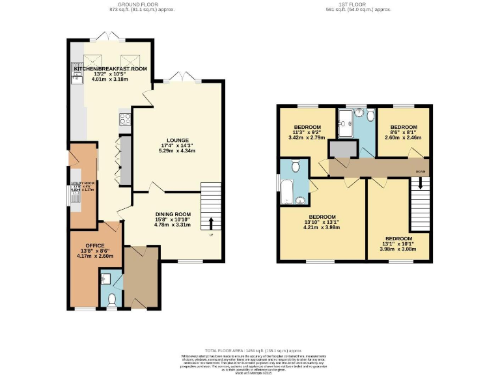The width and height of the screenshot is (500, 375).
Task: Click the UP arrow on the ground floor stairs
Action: click(210, 224)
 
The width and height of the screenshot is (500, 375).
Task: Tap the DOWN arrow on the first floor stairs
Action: click(421, 183)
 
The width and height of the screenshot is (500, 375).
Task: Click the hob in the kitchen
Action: click(124, 119)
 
